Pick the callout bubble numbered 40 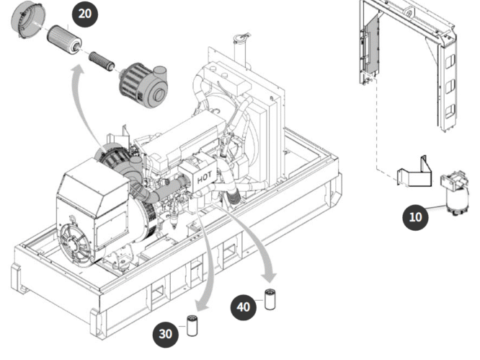click(x=244, y=307)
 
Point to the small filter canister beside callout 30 click(x=192, y=325)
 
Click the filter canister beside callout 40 click(x=270, y=299)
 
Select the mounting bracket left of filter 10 click(x=414, y=172)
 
